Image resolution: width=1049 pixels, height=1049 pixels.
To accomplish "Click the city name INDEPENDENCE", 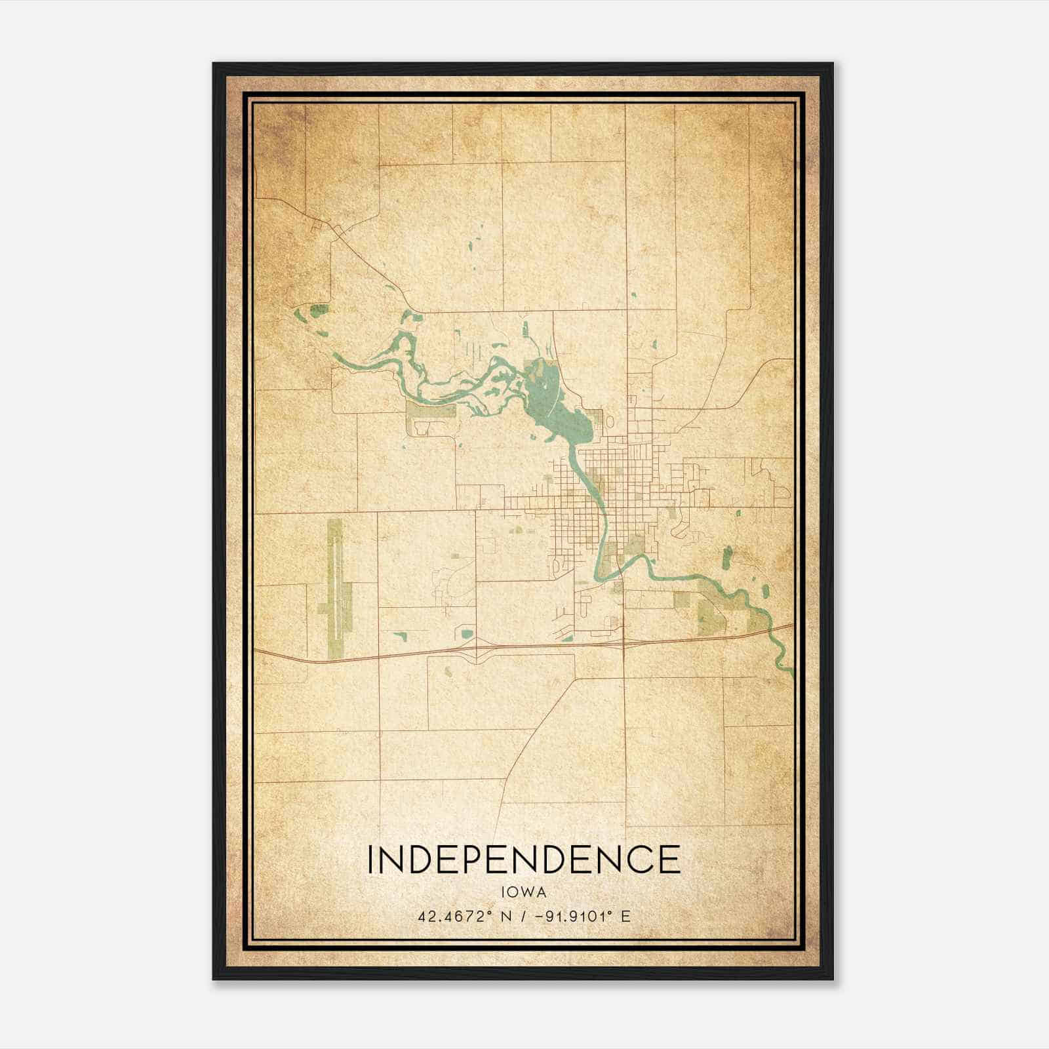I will pyautogui.click(x=523, y=860).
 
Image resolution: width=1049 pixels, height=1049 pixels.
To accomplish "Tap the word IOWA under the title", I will pyautogui.click(x=523, y=892).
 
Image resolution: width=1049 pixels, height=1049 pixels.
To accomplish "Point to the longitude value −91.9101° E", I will pyautogui.click(x=583, y=917).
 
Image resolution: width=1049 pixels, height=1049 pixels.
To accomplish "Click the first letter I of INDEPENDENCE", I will pyautogui.click(x=371, y=860).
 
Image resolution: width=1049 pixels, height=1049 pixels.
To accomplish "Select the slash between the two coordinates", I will pyautogui.click(x=523, y=917).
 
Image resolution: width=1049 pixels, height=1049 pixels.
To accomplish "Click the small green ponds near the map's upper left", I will pyautogui.click(x=313, y=313).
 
